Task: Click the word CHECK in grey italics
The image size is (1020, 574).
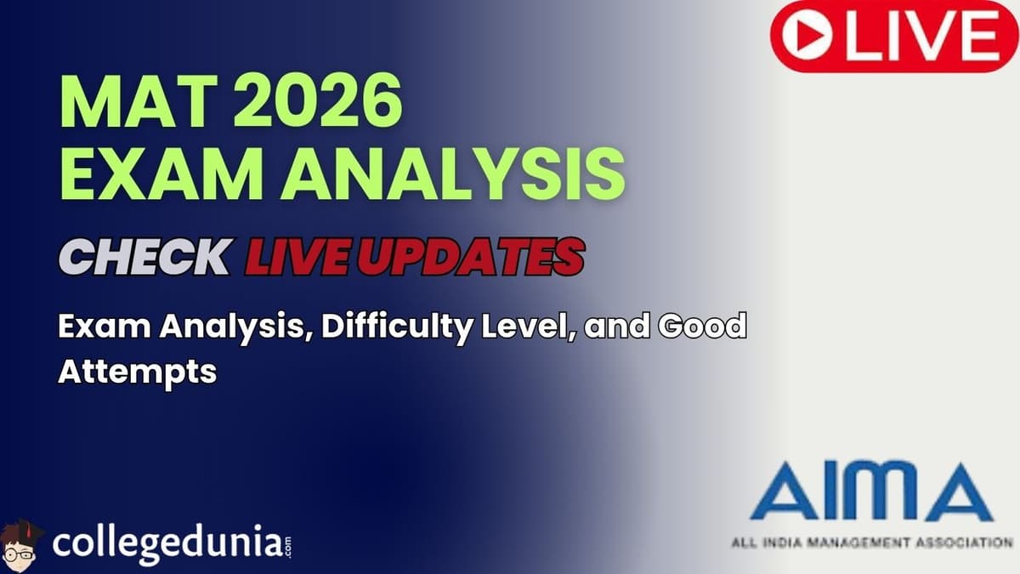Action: point(144,256)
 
